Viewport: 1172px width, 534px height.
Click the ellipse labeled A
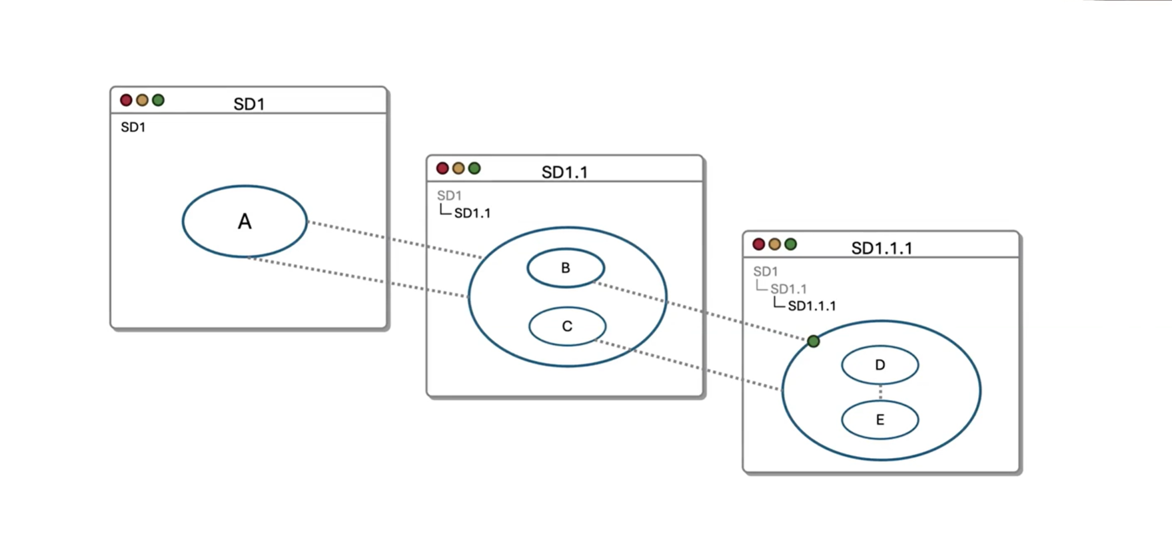click(245, 221)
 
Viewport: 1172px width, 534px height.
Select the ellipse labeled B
click(566, 268)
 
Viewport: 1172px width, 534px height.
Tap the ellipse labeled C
click(567, 326)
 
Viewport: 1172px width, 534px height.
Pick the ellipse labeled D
click(879, 365)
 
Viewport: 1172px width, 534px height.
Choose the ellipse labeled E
click(879, 420)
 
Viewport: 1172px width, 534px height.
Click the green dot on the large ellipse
click(813, 341)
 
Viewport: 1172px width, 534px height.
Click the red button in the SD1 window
click(126, 100)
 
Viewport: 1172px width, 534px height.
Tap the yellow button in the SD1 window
click(142, 100)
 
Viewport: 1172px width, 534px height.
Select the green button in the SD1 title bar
click(158, 100)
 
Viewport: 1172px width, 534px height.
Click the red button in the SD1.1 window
click(442, 168)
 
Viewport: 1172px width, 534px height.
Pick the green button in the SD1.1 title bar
click(474, 168)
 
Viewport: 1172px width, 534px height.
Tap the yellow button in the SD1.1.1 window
click(774, 244)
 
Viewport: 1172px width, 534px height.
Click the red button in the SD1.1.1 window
click(758, 244)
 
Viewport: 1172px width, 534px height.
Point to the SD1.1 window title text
click(564, 172)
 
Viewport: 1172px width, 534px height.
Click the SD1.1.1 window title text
click(881, 248)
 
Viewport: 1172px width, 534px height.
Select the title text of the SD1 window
click(249, 104)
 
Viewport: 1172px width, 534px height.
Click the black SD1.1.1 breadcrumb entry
click(812, 306)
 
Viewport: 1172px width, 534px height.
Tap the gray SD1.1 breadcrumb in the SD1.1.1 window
click(788, 289)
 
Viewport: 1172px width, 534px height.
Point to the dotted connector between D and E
click(880, 392)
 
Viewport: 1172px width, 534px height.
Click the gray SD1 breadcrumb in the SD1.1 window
click(449, 196)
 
